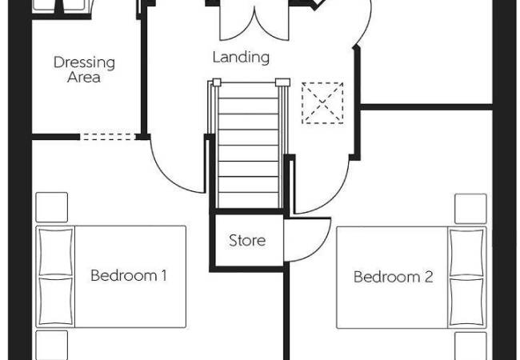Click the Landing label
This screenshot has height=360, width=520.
click(x=241, y=57)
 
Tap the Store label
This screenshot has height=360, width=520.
click(x=247, y=241)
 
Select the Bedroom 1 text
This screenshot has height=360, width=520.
click(x=128, y=275)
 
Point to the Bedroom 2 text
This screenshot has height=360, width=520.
click(x=393, y=277)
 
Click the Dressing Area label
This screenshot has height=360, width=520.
click(x=84, y=70)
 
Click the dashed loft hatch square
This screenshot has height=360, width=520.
click(x=322, y=103)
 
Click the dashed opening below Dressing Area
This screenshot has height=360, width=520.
click(x=108, y=137)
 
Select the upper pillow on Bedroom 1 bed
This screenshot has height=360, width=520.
click(x=56, y=252)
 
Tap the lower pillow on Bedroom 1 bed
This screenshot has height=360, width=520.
click(x=56, y=302)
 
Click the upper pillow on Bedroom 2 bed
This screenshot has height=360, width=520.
click(x=466, y=253)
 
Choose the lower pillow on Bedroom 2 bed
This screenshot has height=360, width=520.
click(x=466, y=302)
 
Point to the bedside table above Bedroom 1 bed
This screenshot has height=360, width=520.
click(x=52, y=207)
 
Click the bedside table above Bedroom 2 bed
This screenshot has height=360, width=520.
click(x=470, y=209)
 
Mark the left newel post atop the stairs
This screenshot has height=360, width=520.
click(x=217, y=82)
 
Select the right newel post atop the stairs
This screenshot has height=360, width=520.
click(x=283, y=82)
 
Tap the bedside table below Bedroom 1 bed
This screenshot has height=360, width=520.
click(x=52, y=345)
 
